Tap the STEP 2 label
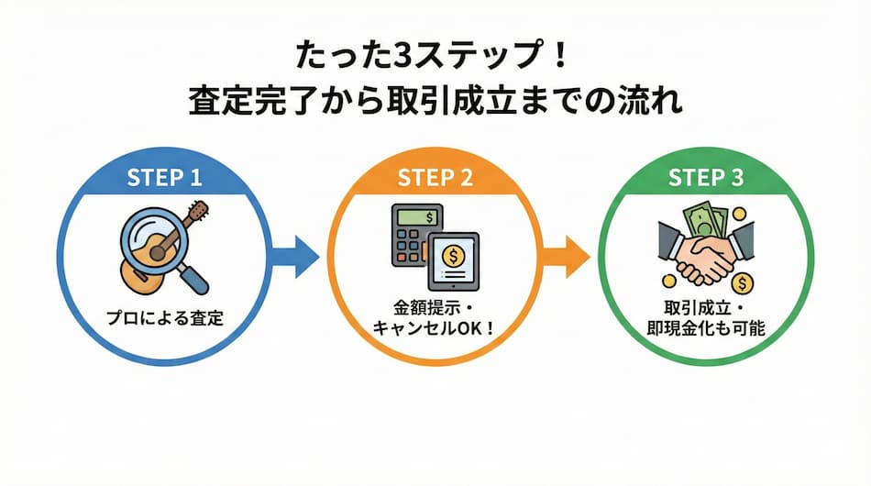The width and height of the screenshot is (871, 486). [x=435, y=177]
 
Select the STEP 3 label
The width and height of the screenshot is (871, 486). [x=707, y=177]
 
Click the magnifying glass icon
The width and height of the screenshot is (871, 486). [x=154, y=240]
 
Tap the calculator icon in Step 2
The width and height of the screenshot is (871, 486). [x=412, y=234]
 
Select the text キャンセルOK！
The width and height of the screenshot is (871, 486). [x=435, y=326]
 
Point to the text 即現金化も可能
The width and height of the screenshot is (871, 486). [x=707, y=327]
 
